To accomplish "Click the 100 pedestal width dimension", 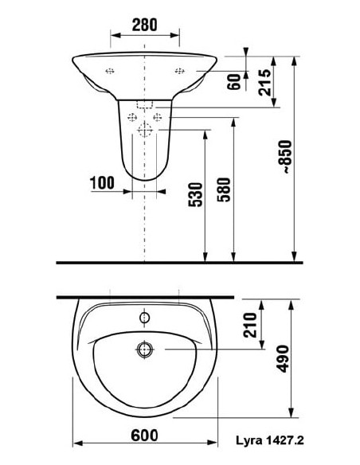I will pos(102,182).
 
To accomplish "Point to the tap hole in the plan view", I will pos(144,318).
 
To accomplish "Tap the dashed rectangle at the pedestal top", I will pos(144,104).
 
